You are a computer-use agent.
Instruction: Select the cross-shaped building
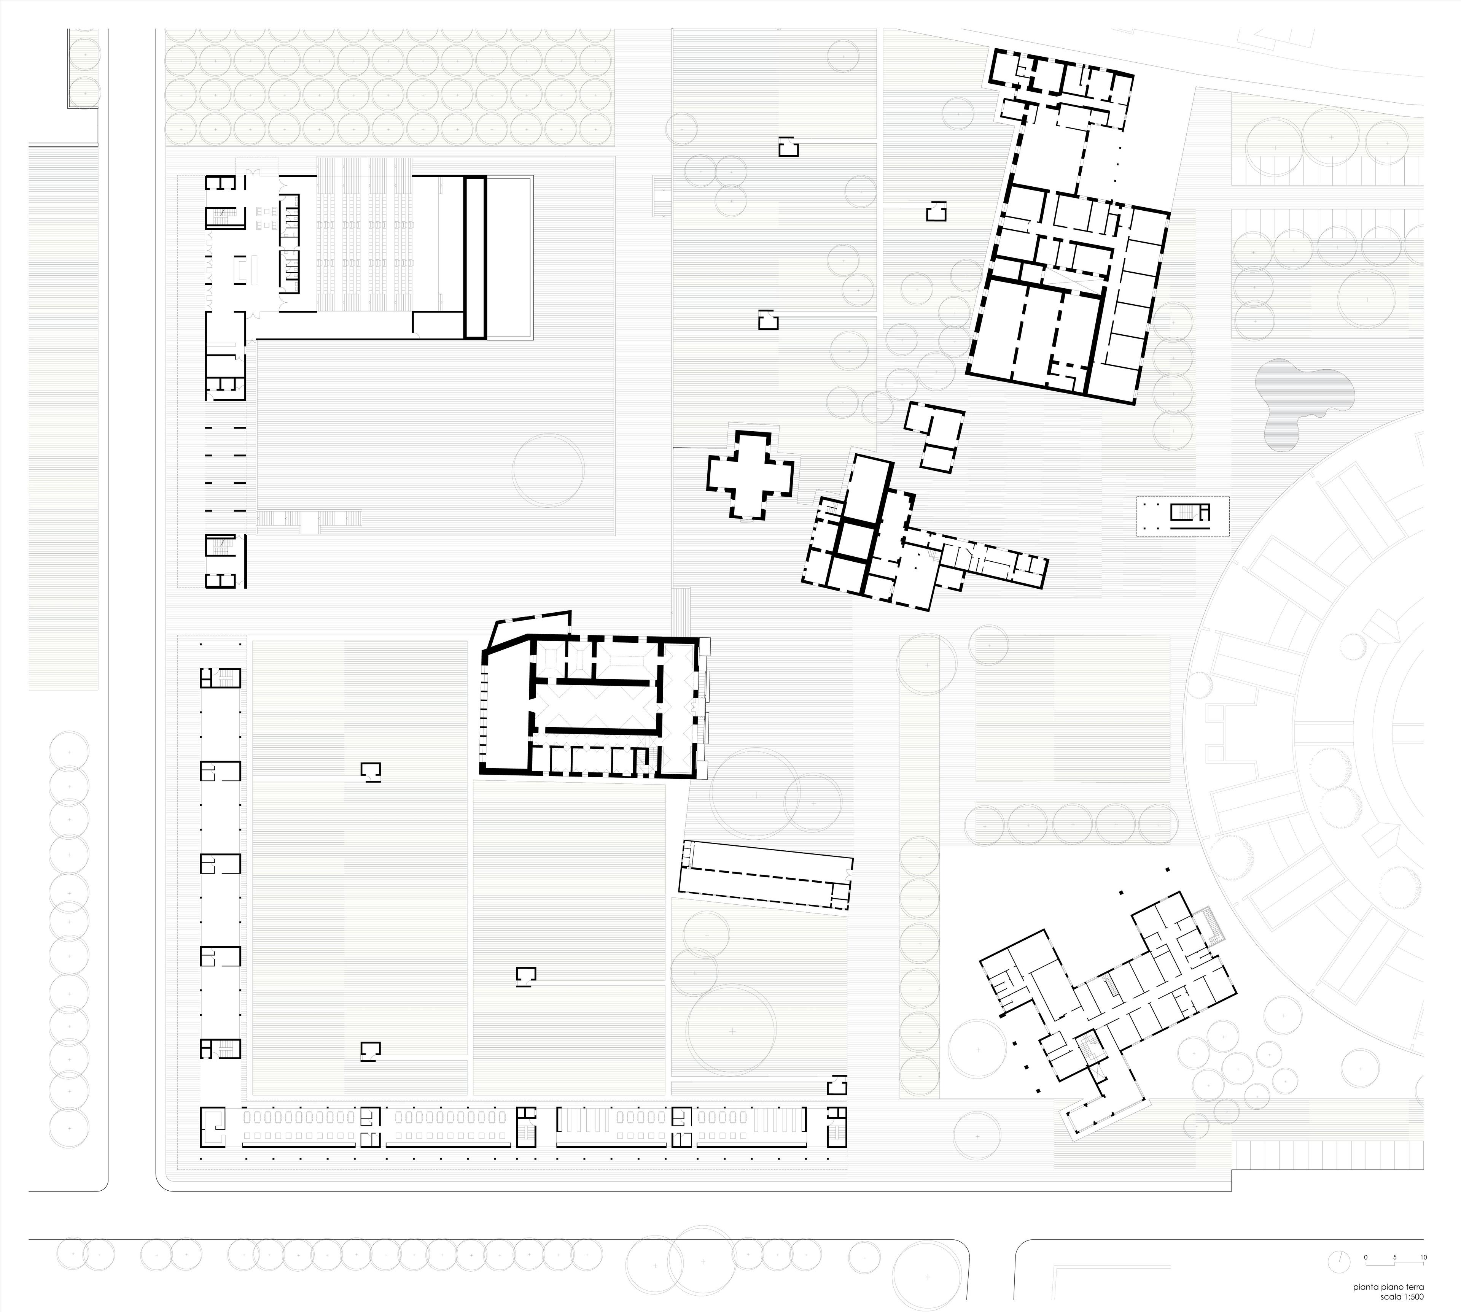750,474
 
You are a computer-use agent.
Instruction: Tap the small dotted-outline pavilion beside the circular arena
1182,515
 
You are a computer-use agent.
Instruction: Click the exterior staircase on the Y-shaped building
1214,926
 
